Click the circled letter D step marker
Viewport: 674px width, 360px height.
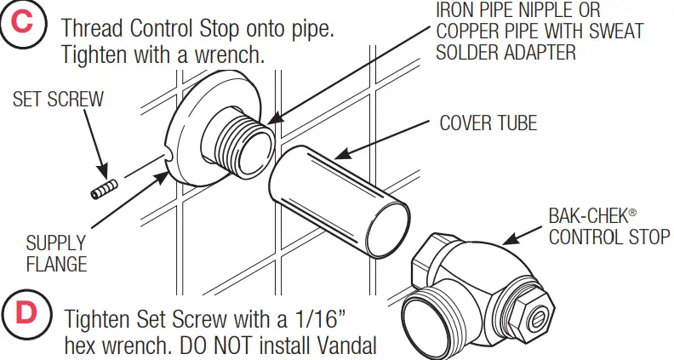point(27,313)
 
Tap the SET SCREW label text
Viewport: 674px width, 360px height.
point(58,100)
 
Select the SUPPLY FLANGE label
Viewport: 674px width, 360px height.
point(55,253)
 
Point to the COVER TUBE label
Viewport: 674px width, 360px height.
point(488,123)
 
